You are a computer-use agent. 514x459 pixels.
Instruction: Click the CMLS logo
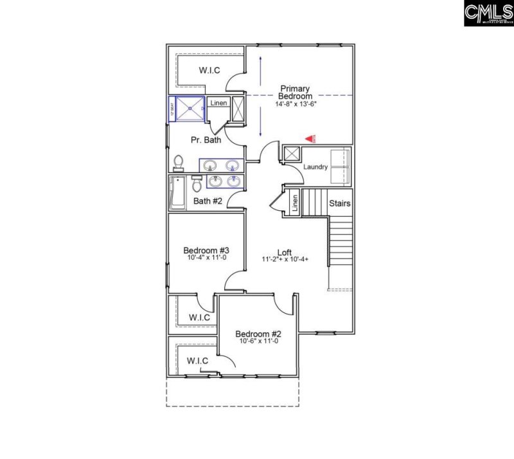coord(488,14)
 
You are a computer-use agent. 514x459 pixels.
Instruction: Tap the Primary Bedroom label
coord(295,93)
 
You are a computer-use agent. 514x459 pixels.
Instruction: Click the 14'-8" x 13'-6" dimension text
coord(294,104)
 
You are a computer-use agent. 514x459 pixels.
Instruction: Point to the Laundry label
coord(315,167)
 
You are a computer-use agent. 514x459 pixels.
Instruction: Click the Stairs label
coord(340,204)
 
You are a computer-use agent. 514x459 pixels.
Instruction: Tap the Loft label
coord(285,252)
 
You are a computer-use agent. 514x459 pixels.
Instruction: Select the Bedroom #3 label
coord(202,250)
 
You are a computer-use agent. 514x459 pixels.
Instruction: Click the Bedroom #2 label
coord(258,334)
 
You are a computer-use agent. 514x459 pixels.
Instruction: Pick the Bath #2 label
coord(208,201)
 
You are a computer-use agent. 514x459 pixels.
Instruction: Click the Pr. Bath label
coord(206,139)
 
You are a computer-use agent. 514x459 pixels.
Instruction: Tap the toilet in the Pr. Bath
coord(179,161)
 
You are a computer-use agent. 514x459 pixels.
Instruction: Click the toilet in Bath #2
coord(197,184)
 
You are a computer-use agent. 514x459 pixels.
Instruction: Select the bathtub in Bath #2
coord(177,194)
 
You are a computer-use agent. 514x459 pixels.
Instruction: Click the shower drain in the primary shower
coord(191,109)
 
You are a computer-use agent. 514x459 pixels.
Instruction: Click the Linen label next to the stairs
coord(295,203)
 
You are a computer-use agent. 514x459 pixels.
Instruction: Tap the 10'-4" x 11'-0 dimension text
coord(202,258)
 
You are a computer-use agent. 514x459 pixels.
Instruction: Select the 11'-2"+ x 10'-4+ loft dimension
coord(285,260)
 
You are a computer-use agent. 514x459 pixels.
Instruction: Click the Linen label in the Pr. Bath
coord(218,103)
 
